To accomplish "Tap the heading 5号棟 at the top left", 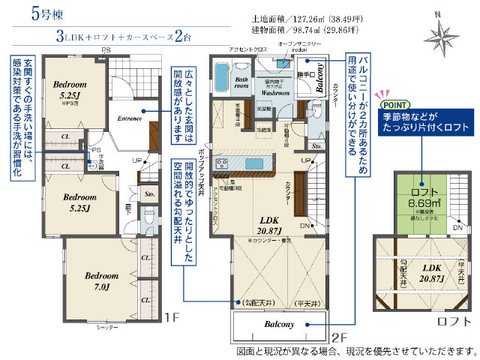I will coord(26,13).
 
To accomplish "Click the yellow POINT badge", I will coord(397,106).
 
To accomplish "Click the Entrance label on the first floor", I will coord(130,118).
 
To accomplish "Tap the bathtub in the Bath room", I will coord(223,76).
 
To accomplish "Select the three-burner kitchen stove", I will coord(223,163).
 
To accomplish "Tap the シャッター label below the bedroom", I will coord(107,328).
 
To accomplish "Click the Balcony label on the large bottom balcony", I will coord(280,324).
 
